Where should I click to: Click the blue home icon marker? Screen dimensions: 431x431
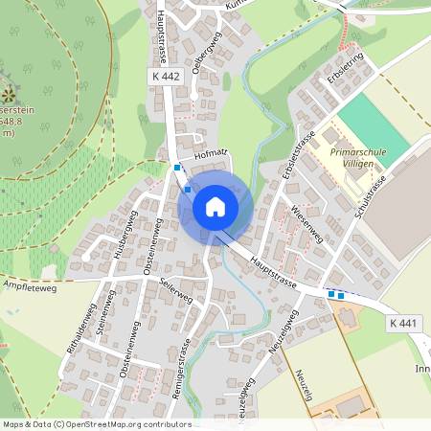pyautogui.click(x=215, y=207)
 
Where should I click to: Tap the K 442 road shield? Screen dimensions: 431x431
pyautogui.click(x=164, y=76)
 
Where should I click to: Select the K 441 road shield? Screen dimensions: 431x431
pyautogui.click(x=404, y=325)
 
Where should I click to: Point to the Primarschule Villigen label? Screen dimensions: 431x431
pyautogui.click(x=357, y=158)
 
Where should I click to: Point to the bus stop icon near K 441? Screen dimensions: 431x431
pyautogui.click(x=335, y=294)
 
